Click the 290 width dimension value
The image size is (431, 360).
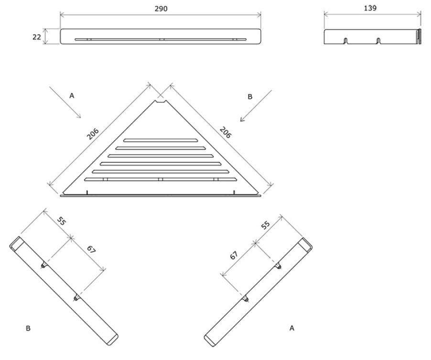161,9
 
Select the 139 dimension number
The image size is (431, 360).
370,8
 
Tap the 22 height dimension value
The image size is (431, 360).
37,37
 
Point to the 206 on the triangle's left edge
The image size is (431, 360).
93,134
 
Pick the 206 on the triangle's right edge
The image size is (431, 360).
226,132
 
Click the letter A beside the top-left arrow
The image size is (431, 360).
72,95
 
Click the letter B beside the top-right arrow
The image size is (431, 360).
250,96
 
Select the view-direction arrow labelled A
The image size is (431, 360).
65,103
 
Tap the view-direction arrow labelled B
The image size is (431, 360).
256,106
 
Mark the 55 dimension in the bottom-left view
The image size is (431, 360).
61,221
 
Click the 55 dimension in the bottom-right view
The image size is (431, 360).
265,225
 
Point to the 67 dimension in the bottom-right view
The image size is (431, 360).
234,255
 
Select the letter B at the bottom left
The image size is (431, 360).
28,328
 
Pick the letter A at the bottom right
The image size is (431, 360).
292,328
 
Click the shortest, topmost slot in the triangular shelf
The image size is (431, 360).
161,140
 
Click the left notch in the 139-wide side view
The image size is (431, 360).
346,41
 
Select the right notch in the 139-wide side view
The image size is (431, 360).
378,41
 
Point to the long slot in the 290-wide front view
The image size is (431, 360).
161,40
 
